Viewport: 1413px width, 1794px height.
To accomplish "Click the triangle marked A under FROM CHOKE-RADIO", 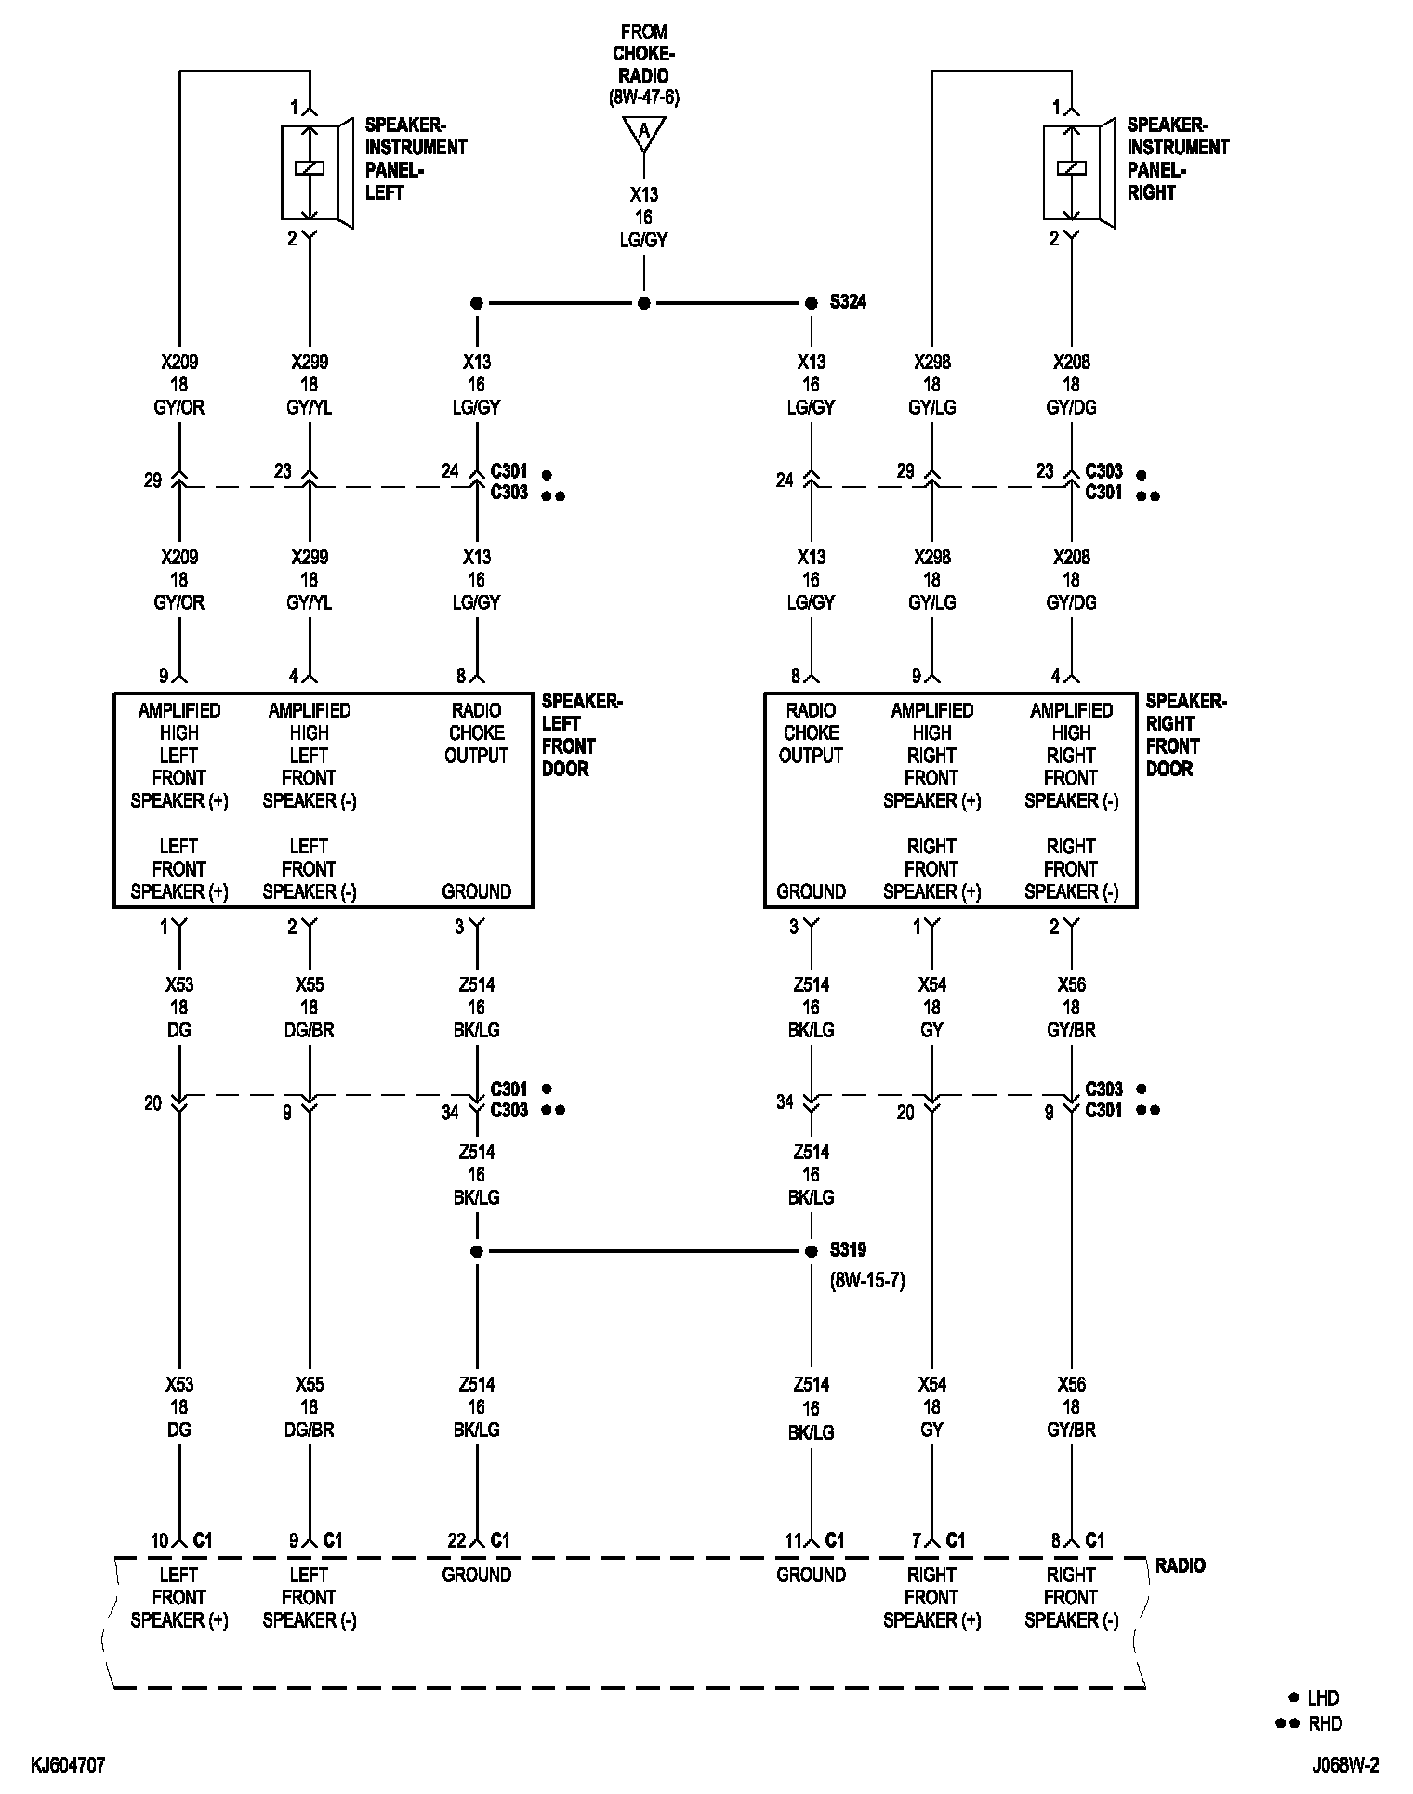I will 643,133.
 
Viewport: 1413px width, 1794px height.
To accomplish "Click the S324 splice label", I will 848,302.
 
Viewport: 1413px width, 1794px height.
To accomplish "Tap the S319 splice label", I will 848,1250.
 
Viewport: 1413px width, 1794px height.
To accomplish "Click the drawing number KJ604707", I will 68,1765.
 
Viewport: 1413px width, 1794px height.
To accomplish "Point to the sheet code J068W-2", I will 1345,1765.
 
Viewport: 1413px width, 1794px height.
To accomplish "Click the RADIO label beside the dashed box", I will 1180,1565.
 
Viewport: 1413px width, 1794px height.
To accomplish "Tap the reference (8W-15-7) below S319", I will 866,1280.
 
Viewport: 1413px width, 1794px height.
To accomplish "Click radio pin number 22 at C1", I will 456,1540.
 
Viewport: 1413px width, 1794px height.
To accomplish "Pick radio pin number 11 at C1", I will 792,1540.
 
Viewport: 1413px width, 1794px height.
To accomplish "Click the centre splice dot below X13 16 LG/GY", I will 643,303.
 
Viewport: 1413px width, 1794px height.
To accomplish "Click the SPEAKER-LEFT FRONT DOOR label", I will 581,734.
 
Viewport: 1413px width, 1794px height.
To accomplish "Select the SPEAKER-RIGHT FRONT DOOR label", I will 1185,734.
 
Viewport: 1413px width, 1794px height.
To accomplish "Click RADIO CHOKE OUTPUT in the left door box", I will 476,732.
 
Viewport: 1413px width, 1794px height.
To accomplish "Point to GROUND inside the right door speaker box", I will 811,891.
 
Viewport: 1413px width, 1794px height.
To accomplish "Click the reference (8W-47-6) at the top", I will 643,98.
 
